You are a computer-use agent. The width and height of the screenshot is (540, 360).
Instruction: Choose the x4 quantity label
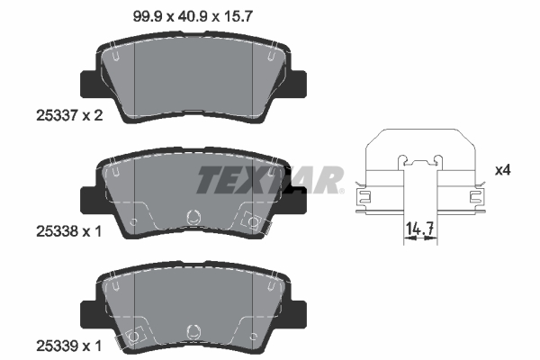(x=505, y=169)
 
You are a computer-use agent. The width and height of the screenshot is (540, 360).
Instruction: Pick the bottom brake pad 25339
(x=190, y=302)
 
